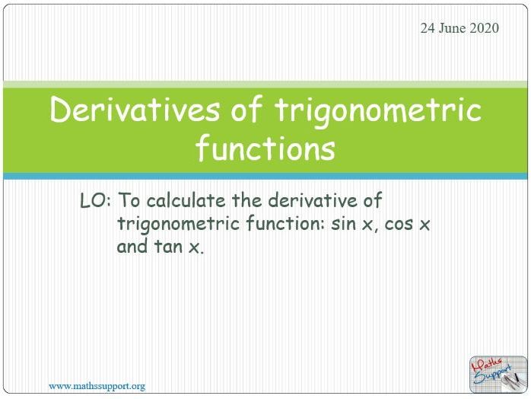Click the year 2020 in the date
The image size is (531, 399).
pyautogui.click(x=484, y=28)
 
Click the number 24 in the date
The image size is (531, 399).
pyautogui.click(x=428, y=28)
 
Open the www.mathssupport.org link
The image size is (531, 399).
pyautogui.click(x=97, y=386)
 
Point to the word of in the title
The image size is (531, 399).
pyautogui.click(x=247, y=111)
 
